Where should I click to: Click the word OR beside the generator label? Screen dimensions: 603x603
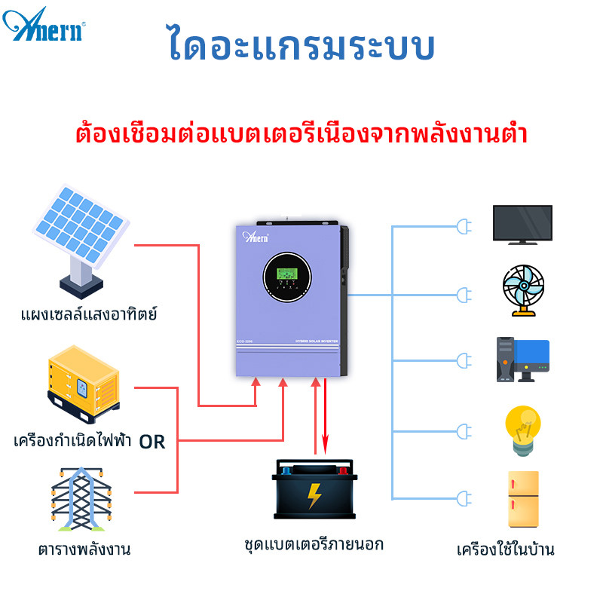pos(152,442)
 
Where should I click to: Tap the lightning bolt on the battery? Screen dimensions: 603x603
pos(314,497)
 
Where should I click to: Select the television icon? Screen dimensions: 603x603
pos(522,224)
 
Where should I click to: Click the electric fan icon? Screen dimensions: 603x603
pos(523,290)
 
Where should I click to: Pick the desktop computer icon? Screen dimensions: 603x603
pos(522,360)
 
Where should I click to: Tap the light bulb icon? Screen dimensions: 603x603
pos(522,430)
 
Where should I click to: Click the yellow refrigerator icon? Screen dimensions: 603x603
pos(523,498)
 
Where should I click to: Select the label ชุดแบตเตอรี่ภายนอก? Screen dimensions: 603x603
pos(314,543)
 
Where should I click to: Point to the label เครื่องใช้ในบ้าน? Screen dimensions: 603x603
pos(506,549)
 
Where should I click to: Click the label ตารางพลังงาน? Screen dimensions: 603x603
pos(84,549)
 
